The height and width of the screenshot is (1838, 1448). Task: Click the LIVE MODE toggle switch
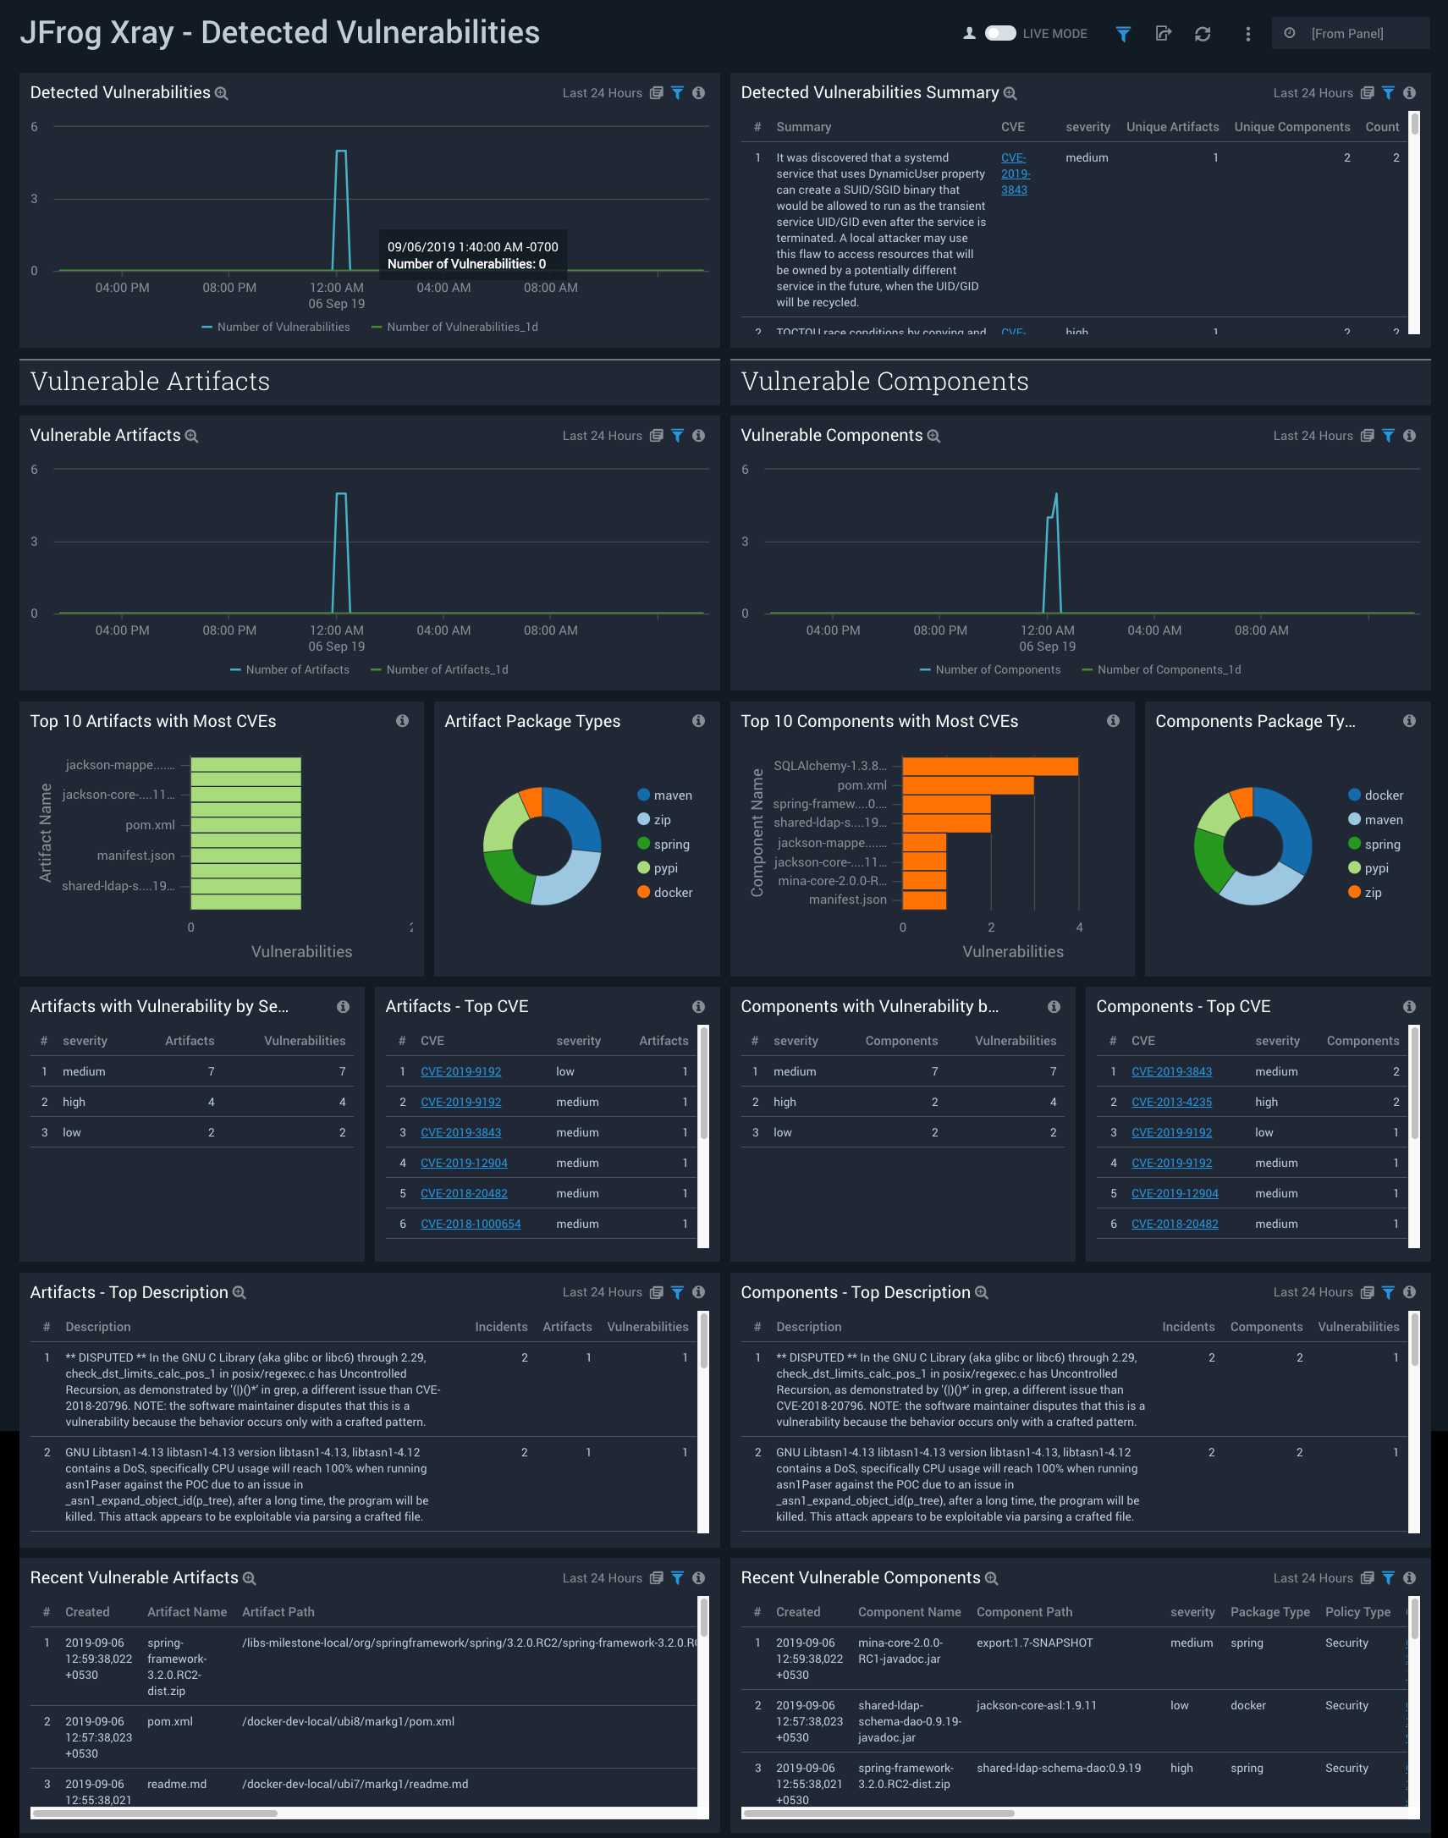tap(999, 33)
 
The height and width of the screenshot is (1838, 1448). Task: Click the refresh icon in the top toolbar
tap(1202, 34)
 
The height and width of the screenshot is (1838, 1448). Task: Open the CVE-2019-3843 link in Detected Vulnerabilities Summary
tap(1014, 173)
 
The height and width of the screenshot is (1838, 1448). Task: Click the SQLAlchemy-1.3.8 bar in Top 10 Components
tap(989, 767)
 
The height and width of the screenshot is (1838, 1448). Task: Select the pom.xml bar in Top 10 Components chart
tap(967, 786)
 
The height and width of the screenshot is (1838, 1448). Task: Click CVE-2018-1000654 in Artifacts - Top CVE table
tap(471, 1224)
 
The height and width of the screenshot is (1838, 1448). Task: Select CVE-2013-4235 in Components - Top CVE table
tap(1170, 1102)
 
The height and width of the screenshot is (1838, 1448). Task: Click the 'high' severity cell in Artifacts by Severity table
tap(74, 1102)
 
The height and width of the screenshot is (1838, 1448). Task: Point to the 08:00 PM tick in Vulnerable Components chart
tap(939, 630)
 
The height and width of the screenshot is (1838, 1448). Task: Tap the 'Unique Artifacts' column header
tap(1171, 127)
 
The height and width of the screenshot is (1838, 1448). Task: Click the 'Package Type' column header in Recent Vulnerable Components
tap(1269, 1612)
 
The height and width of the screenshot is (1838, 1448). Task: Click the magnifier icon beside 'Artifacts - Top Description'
tap(239, 1293)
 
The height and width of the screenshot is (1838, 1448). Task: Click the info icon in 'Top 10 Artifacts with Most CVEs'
tap(402, 721)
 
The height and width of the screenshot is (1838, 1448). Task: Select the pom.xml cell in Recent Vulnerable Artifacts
tap(169, 1722)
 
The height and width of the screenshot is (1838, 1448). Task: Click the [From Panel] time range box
tap(1347, 34)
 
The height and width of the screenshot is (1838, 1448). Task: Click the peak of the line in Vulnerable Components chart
tap(1056, 494)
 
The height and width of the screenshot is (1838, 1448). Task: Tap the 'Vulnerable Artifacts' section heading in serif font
tap(150, 382)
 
